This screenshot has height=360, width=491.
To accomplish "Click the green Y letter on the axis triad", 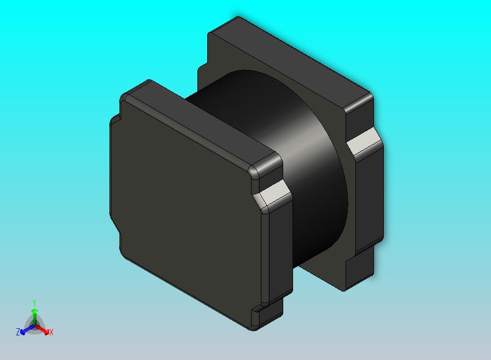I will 34,303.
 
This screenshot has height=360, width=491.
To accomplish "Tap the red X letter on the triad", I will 51,332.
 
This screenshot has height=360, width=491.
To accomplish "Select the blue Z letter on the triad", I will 18,332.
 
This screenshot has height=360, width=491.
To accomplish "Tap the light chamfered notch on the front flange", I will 272,193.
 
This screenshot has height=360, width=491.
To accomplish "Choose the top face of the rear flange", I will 290,60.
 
